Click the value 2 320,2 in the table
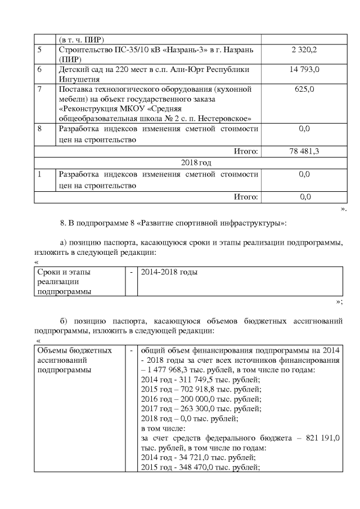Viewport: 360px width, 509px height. [x=304, y=51]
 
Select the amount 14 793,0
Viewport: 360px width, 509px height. [x=304, y=70]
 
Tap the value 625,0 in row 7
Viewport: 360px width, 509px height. [x=304, y=89]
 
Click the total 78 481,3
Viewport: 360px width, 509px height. [x=304, y=151]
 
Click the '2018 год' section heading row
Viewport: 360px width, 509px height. [x=196, y=163]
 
